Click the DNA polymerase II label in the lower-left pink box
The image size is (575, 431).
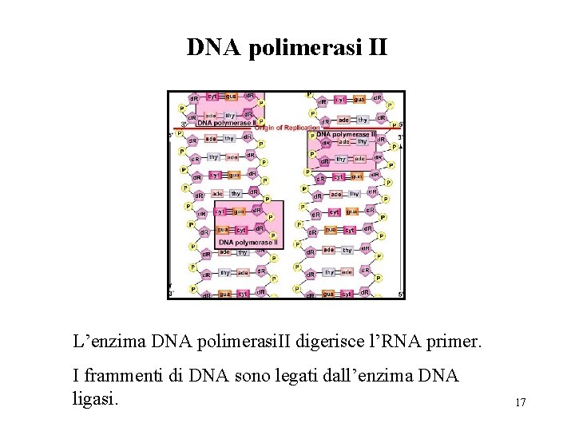tap(248, 242)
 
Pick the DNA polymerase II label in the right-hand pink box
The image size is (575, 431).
tap(346, 135)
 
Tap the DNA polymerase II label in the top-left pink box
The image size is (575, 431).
tap(226, 123)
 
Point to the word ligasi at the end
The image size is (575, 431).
tap(95, 397)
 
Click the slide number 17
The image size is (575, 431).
tap(520, 402)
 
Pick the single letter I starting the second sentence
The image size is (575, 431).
tap(75, 375)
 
